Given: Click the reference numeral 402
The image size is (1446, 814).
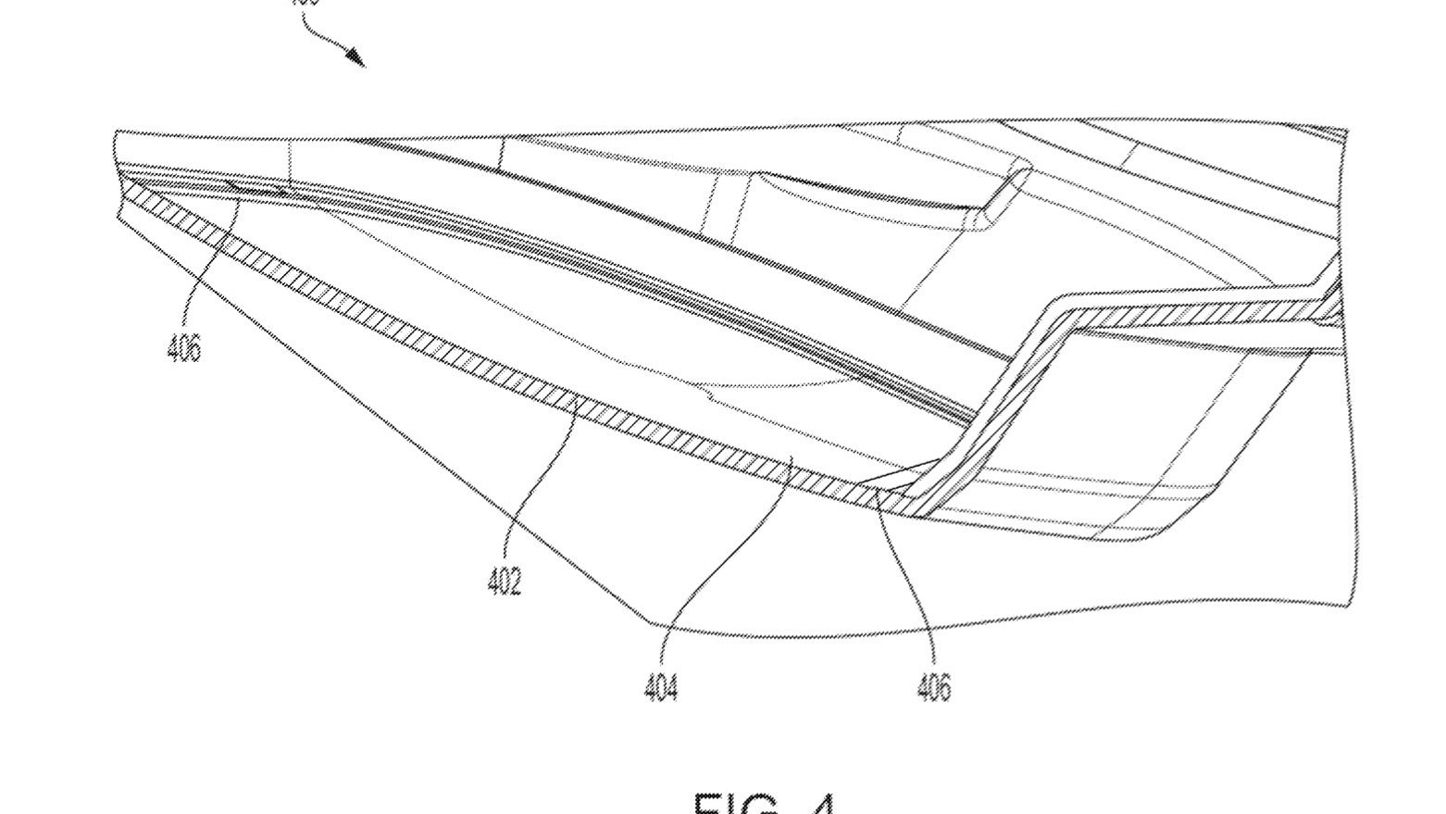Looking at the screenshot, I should (505, 581).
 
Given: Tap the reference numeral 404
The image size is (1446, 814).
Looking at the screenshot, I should (661, 687).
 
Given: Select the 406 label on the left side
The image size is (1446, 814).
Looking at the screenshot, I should (183, 347).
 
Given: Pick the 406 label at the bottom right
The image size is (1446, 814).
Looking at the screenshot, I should (934, 687).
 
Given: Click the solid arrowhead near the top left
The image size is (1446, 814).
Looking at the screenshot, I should (357, 58).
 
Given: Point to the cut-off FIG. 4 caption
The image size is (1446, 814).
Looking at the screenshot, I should (765, 802).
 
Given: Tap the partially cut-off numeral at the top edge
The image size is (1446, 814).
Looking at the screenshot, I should (305, 3).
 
